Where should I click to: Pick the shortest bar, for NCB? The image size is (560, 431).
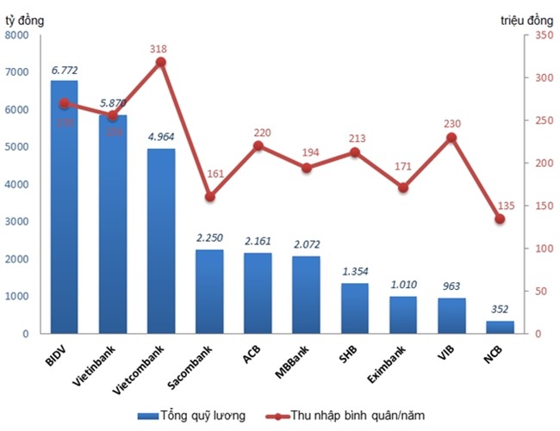coord(500,327)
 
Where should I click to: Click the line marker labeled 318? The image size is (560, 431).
coord(161,62)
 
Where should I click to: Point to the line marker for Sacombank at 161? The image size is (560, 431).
coord(209,196)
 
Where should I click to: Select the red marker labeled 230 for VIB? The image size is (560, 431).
coord(451,138)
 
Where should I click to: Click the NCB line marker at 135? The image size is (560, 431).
coord(500,219)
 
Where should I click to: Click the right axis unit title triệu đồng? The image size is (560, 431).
coord(527,19)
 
